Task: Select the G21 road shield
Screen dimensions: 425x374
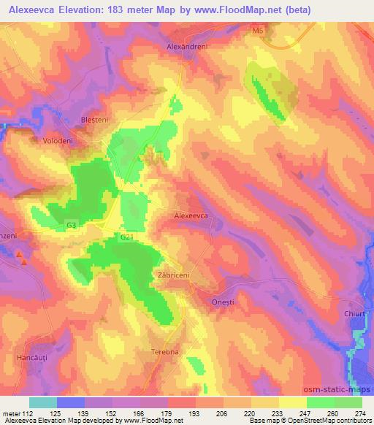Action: (127, 237)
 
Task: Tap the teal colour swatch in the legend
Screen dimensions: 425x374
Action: (43, 402)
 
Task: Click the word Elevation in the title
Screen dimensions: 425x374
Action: (87, 9)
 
